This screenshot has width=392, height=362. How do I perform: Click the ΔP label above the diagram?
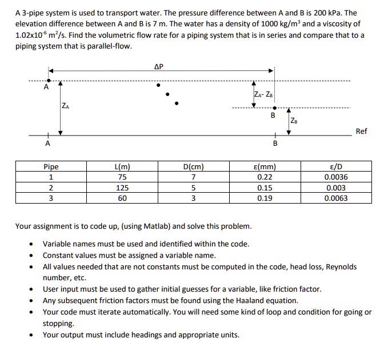pyautogui.click(x=159, y=67)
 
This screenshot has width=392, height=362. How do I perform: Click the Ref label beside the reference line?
pyautogui.click(x=361, y=131)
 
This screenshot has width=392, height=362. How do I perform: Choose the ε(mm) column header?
pyautogui.click(x=263, y=167)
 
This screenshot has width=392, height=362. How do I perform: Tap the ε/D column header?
pyautogui.click(x=335, y=167)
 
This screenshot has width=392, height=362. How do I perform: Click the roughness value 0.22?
pyautogui.click(x=264, y=177)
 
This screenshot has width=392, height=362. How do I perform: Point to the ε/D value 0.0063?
pyautogui.click(x=335, y=198)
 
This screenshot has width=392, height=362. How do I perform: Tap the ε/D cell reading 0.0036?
pyautogui.click(x=335, y=177)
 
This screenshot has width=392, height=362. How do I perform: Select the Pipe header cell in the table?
pyautogui.click(x=51, y=167)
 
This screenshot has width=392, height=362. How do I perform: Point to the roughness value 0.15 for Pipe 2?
pyautogui.click(x=264, y=188)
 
